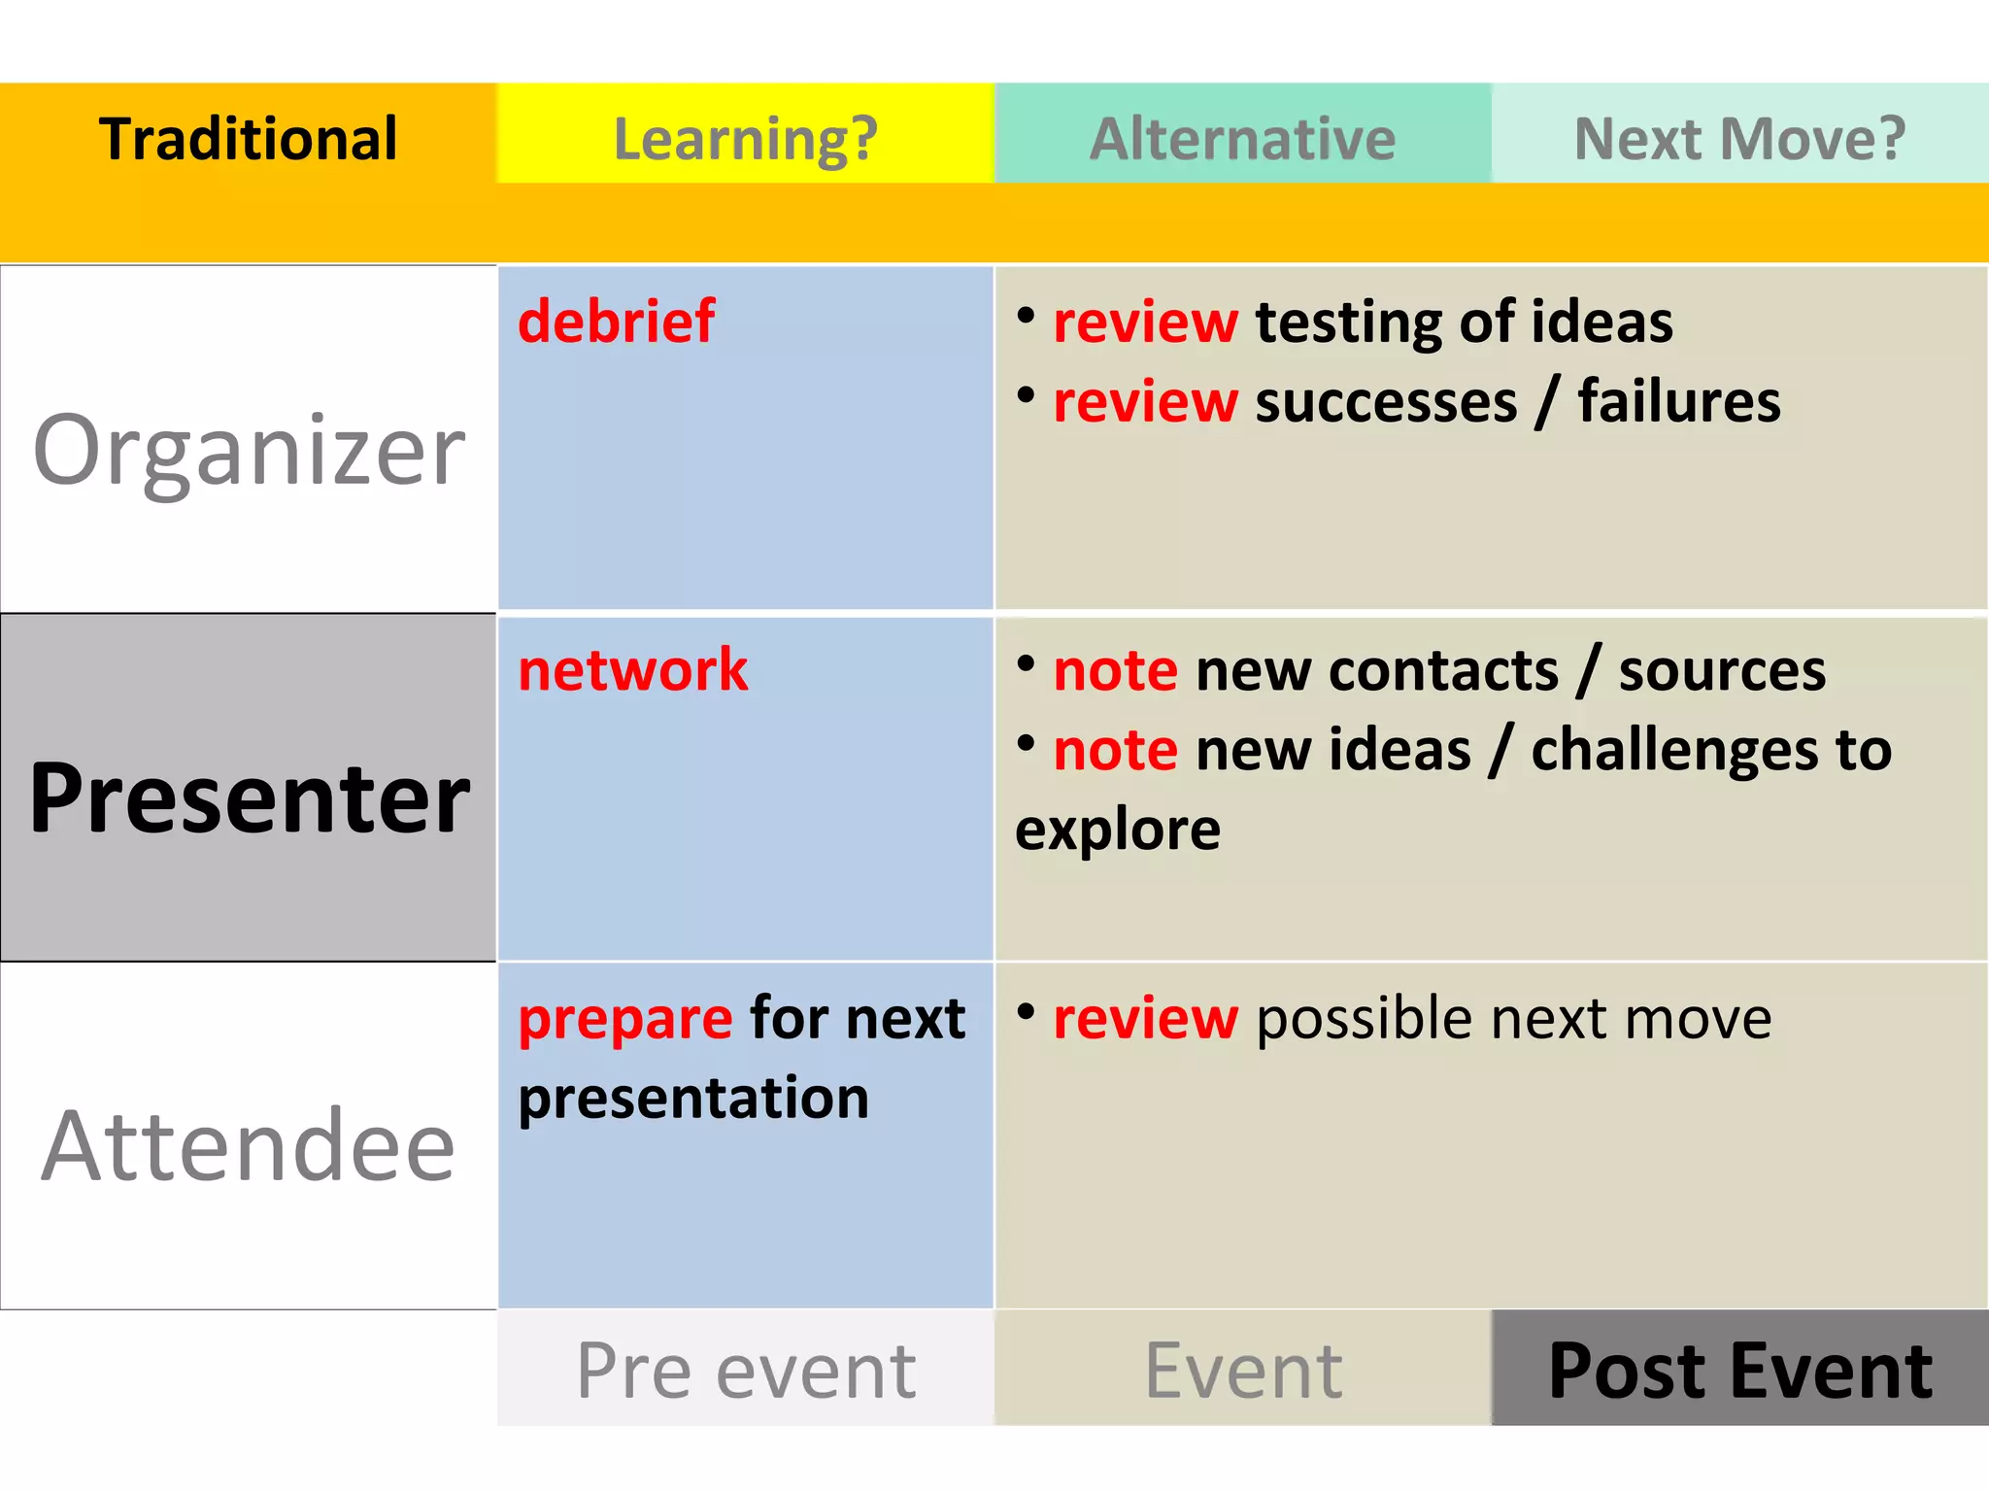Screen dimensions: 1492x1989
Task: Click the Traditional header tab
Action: (x=248, y=138)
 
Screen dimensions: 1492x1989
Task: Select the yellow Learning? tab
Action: (x=745, y=138)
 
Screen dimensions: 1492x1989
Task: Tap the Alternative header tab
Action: (x=1242, y=138)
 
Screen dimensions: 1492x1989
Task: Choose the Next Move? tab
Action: (x=1739, y=138)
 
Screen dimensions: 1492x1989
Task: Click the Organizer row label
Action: (x=249, y=450)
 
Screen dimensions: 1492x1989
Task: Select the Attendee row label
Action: (x=249, y=1146)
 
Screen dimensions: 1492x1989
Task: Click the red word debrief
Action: (x=616, y=322)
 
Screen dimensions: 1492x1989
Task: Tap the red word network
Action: (x=632, y=670)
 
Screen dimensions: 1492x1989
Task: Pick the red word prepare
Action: (x=625, y=1019)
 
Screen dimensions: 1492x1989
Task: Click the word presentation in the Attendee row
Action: (x=693, y=1099)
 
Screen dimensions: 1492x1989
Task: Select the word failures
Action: (x=1678, y=401)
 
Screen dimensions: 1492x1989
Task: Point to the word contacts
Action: (x=1443, y=670)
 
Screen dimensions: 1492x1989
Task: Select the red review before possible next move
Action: (x=1145, y=1019)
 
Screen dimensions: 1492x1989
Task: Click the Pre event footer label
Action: (x=745, y=1370)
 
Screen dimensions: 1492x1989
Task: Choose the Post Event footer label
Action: (x=1739, y=1370)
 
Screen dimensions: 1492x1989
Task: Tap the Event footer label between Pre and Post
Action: (x=1242, y=1370)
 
